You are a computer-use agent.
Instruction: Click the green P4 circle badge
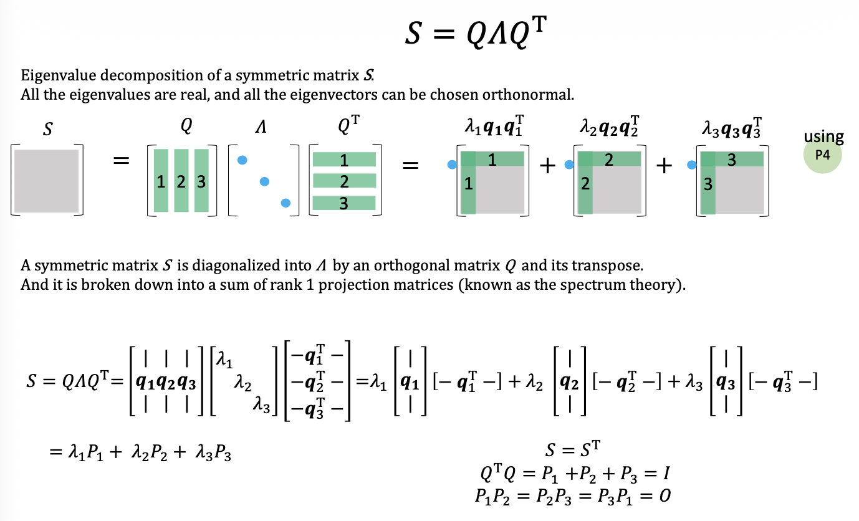[822, 155]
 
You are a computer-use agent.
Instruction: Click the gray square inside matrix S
[46, 181]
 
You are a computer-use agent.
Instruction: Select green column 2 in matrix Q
[181, 181]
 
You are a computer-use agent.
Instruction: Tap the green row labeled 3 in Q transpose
[344, 203]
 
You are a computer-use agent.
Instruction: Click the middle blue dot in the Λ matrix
[264, 181]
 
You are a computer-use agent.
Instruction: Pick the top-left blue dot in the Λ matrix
[242, 160]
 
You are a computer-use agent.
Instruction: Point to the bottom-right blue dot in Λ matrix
[286, 203]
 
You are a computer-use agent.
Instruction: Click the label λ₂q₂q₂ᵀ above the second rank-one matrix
[609, 127]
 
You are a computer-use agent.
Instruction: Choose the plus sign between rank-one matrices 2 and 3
[664, 166]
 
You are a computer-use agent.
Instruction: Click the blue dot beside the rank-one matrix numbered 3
[691, 165]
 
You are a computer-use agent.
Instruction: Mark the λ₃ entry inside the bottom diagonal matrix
[261, 405]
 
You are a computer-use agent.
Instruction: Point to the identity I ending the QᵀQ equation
[666, 474]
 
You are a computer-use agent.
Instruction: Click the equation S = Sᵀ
[572, 449]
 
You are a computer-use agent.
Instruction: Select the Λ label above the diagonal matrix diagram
[261, 127]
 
